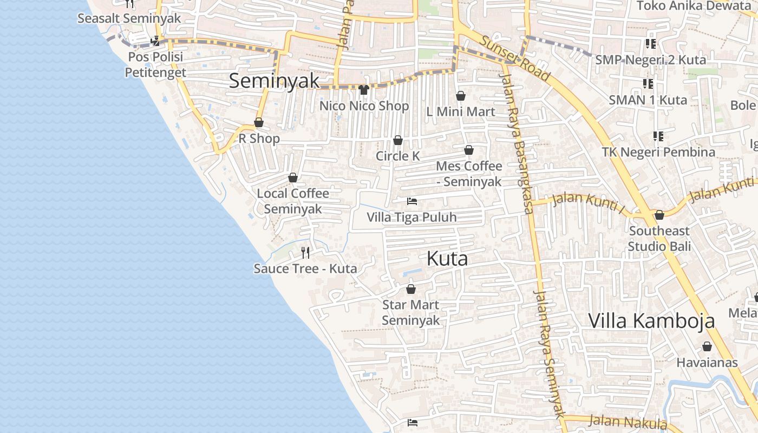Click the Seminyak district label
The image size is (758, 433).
[274, 81]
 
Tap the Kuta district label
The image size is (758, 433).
[447, 259]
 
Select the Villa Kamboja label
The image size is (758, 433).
[651, 321]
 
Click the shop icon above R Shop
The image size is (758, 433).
[259, 123]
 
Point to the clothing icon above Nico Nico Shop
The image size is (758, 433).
[364, 90]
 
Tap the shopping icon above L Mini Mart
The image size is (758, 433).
[461, 96]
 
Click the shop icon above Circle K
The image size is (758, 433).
[398, 141]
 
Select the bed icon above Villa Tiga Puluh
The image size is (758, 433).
[412, 201]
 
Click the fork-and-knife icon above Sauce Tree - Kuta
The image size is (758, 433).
[305, 252]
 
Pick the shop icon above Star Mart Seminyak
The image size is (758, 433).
[411, 290]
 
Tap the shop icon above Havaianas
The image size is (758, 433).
[707, 347]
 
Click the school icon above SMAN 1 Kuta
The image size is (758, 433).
[648, 84]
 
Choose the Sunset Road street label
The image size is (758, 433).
[514, 58]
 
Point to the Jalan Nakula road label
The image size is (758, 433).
[628, 422]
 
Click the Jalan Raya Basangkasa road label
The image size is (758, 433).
[520, 143]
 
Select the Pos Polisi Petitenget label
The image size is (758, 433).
[155, 64]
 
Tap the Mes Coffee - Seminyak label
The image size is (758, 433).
[469, 174]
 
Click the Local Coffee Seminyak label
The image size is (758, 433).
[293, 201]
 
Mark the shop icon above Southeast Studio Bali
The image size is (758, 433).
[659, 215]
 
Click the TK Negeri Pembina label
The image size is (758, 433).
[658, 152]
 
